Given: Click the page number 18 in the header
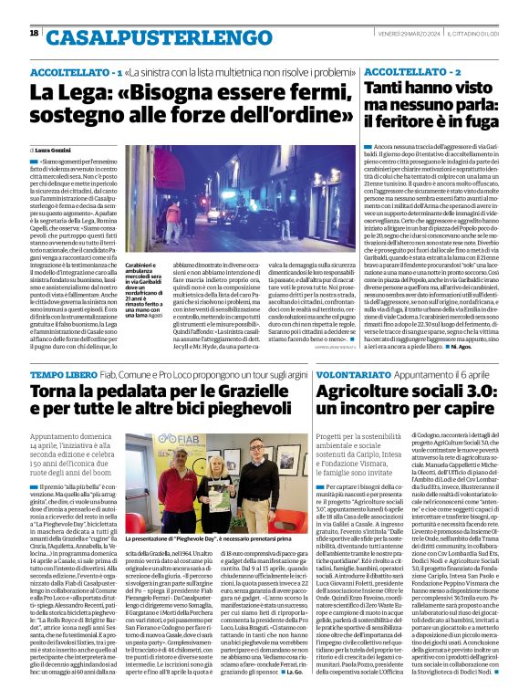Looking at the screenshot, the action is click(x=35, y=34).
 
